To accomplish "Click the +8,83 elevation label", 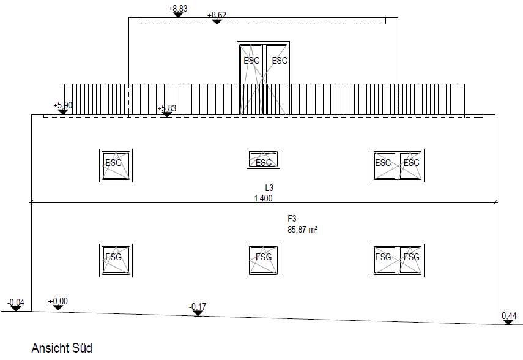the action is coord(178,9).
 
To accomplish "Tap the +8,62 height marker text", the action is coord(217,15).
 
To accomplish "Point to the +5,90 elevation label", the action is coord(63,105).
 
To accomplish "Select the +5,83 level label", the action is coord(167,108).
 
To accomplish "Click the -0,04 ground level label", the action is coord(16,302).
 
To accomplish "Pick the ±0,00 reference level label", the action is coord(58,301).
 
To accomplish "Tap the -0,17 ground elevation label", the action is coord(198,307).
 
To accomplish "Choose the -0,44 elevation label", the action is coord(508,315).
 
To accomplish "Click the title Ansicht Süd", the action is coord(62,348).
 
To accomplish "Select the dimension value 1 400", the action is coord(263,198).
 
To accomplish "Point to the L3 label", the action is coord(269,188).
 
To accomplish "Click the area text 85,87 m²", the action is coord(303,230).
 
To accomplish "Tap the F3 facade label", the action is coord(292,219).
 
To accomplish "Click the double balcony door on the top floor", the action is coord(263,78).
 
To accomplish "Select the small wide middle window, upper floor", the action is coord(263,159).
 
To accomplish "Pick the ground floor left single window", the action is coord(116,260).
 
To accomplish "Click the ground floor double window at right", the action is coord(398,260).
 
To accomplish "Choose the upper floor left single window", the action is coord(116,166).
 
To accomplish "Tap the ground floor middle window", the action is coord(263,260).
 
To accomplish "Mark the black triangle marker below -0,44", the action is coord(508,322).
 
